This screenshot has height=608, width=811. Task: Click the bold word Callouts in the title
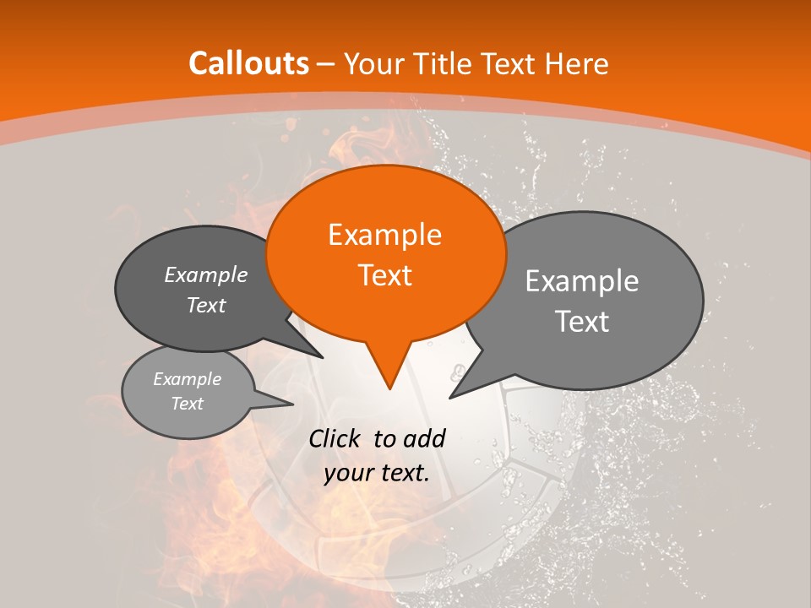coord(248,63)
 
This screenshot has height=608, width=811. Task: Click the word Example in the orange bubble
coord(384,235)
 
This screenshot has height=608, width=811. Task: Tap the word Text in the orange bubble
coord(384,275)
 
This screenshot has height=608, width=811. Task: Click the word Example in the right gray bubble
coord(582,281)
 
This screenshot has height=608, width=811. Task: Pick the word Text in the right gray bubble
coord(582,322)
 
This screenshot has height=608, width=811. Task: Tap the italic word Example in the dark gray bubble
coord(206,275)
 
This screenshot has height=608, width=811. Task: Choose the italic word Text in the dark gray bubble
coord(206,306)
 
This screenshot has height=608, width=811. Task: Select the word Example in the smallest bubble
coord(188,379)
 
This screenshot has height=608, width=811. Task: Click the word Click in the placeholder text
coord(336,438)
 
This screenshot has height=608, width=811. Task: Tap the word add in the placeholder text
coord(425,438)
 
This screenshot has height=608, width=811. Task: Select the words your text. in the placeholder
coord(377,473)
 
